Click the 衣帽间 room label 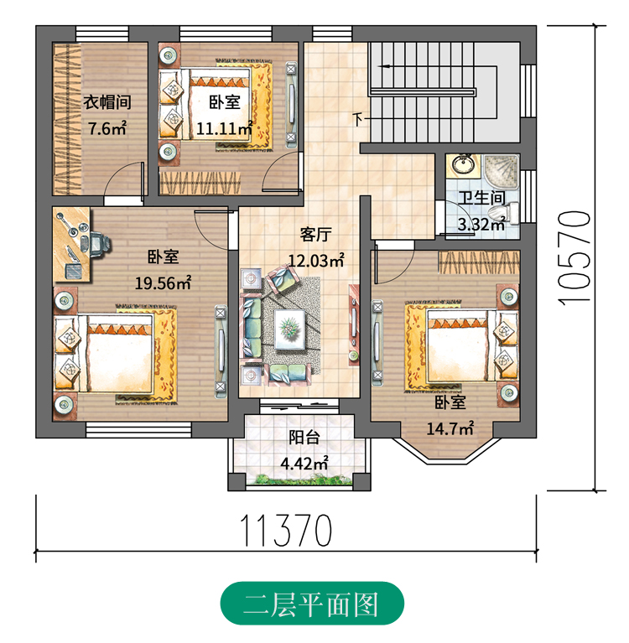[107, 102]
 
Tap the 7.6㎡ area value [107, 129]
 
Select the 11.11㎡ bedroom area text [224, 129]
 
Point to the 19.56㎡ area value [164, 283]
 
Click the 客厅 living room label [315, 235]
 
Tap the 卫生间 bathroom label [481, 198]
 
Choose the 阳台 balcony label [304, 438]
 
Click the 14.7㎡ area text [450, 428]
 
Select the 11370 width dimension [286, 530]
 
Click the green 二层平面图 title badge [312, 604]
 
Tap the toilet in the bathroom [507, 212]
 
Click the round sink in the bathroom [463, 164]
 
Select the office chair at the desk [96, 245]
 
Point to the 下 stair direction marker [358, 120]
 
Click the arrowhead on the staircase [385, 66]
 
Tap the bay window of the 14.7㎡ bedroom [447, 452]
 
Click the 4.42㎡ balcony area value [304, 464]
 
